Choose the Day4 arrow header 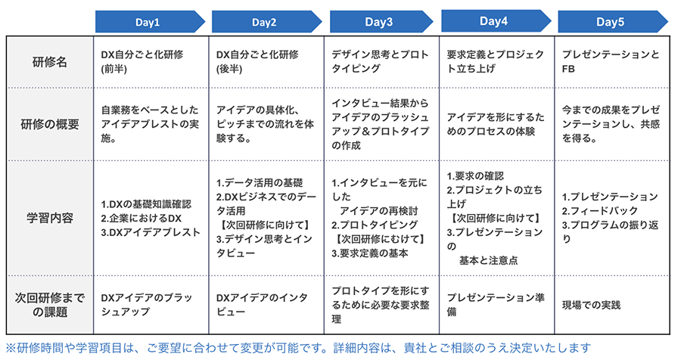pos(496,21)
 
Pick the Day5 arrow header pos(612,22)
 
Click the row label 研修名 pos(50,62)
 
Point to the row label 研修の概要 pos(50,125)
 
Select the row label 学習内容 pos(50,218)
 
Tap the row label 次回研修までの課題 pos(50,305)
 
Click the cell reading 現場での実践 pos(591,305)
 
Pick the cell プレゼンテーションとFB pos(611,61)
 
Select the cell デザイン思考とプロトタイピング pos(380,61)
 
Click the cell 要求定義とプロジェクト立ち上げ pos(495,61)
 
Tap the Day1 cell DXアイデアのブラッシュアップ pos(146,305)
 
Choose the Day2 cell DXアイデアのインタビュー pos(262,305)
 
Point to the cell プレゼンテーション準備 pos(496,305)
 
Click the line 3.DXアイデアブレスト pos(151,232)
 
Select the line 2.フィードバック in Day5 pos(600,211)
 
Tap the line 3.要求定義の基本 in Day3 pos(369,253)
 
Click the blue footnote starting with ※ pos(298,348)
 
